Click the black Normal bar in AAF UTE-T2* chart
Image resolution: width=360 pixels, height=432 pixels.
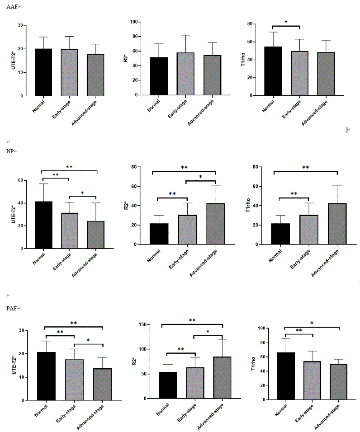click(44, 72)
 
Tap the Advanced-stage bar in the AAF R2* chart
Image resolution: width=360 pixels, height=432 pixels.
click(212, 75)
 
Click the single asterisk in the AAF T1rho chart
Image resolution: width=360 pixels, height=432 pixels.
click(286, 22)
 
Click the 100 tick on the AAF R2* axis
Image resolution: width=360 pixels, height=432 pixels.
click(134, 22)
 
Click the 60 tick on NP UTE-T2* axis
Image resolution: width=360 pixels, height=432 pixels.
click(20, 180)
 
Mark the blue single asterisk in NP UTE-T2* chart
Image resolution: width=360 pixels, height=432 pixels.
click(82, 193)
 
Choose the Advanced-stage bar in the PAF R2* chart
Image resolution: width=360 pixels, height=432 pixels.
click(222, 377)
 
